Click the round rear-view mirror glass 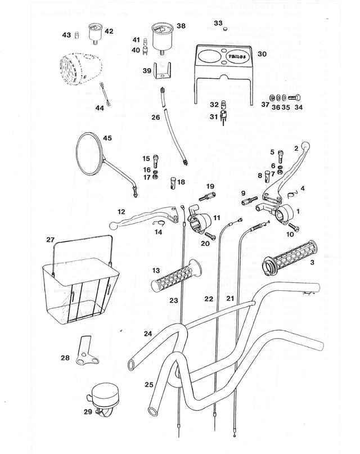click(x=89, y=153)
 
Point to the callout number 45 click(x=107, y=138)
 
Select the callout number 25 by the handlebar click(x=149, y=385)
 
